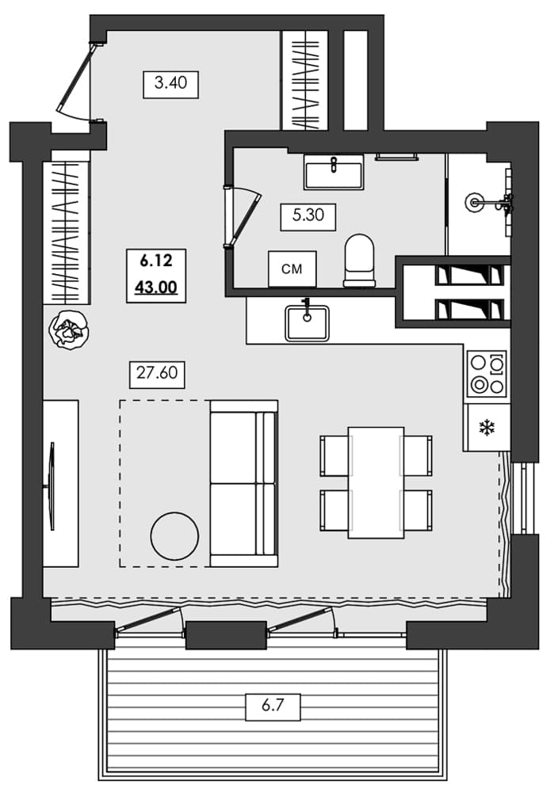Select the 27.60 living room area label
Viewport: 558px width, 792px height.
coord(155,373)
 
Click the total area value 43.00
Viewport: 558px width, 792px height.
coord(155,288)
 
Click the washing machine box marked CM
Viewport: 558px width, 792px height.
coord(292,269)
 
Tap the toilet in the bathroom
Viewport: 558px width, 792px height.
coord(359,260)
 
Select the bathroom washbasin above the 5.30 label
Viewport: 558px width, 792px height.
coord(334,172)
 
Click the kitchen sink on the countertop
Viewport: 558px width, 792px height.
coord(307,322)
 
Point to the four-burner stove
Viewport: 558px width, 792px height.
coord(486,373)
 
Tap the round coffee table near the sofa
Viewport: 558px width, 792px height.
coord(174,535)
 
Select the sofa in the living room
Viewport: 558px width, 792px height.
coord(243,483)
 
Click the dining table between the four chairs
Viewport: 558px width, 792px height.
coord(376,482)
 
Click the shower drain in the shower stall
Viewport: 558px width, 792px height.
coord(476,202)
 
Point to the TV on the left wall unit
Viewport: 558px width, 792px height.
coord(52,485)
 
